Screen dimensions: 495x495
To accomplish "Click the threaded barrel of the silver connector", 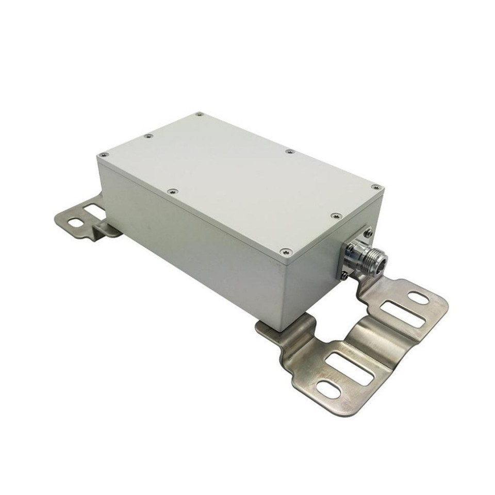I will click(x=361, y=255).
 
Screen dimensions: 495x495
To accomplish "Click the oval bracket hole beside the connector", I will click(x=418, y=298).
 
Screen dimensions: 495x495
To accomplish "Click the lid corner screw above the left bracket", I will click(x=105, y=154).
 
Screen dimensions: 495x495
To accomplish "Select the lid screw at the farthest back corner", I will click(x=200, y=114).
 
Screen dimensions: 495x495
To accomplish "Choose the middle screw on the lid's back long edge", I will click(x=289, y=151).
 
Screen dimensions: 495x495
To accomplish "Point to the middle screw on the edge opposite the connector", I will click(x=147, y=136).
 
